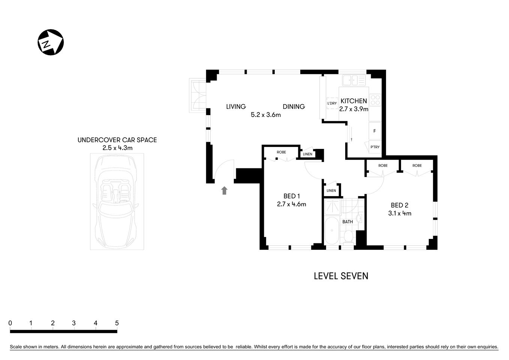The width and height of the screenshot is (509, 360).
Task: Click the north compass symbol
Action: tap(51, 43)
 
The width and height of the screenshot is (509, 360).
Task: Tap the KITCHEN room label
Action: tap(353, 101)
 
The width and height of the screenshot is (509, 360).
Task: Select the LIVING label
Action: tap(236, 106)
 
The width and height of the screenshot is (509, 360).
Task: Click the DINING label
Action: tap(293, 106)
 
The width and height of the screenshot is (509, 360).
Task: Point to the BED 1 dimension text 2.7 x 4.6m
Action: tap(292, 204)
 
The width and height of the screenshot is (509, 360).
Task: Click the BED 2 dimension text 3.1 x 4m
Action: tap(399, 213)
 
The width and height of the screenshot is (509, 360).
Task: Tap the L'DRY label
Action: tap(332, 103)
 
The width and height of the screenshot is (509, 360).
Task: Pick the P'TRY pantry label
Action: tap(375, 147)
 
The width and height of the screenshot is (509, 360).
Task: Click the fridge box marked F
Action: tap(374, 131)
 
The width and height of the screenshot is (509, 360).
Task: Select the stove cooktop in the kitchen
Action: tap(375, 100)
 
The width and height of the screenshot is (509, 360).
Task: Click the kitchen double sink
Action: tap(353, 80)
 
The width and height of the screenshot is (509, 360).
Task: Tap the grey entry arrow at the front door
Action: tap(224, 190)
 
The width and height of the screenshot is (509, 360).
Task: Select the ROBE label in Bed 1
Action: tap(281, 152)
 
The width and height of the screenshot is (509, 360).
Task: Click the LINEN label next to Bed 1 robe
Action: tap(307, 154)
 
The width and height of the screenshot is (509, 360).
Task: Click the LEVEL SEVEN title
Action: tap(341, 276)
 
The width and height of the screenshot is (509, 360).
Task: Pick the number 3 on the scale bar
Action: tap(74, 323)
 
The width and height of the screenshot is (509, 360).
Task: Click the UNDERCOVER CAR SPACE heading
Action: tap(117, 140)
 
